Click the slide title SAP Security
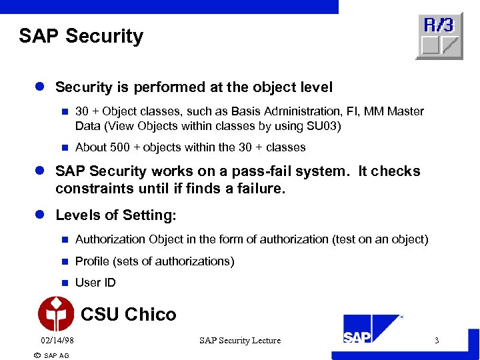[x=81, y=35]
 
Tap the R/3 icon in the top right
[x=439, y=36]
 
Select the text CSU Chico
[x=128, y=315]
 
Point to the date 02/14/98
[x=57, y=341]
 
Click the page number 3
[x=437, y=341]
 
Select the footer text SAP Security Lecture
[x=240, y=341]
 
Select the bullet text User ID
[x=95, y=283]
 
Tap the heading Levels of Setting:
[x=116, y=215]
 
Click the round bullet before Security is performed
[x=41, y=87]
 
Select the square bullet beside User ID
[x=65, y=283]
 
